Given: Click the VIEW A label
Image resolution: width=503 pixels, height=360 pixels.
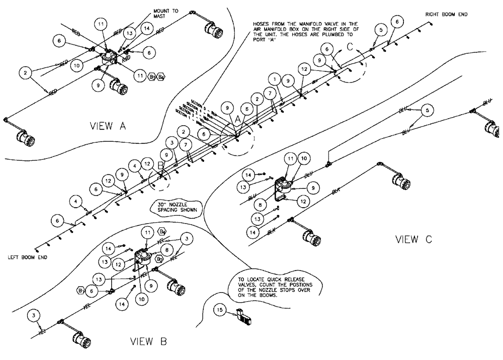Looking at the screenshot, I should [x=107, y=126].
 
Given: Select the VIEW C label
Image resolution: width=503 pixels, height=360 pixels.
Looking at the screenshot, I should [x=413, y=239].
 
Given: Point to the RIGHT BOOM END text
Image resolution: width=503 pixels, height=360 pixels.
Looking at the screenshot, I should [x=446, y=15].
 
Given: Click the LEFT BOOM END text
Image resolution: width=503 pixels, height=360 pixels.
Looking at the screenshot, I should [x=28, y=257].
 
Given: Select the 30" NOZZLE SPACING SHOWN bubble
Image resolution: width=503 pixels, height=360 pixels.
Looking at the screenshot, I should [x=175, y=207].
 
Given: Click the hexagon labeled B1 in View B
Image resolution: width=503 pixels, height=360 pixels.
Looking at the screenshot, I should [x=79, y=290].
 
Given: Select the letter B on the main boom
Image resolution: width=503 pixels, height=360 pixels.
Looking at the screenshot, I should [x=160, y=164].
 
